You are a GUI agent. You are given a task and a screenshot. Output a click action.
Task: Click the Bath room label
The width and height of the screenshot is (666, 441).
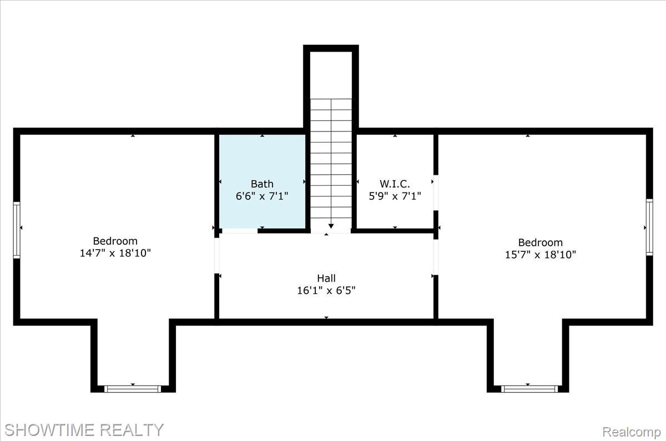(x=262, y=184)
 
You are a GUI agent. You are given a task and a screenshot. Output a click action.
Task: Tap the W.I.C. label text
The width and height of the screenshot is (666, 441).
(x=395, y=184)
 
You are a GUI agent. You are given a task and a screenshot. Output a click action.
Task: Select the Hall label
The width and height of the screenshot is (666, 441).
(x=326, y=278)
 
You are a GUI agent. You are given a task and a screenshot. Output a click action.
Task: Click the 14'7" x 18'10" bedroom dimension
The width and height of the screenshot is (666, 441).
(x=115, y=253)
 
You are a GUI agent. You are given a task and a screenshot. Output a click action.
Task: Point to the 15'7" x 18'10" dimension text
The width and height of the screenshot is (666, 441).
(x=540, y=255)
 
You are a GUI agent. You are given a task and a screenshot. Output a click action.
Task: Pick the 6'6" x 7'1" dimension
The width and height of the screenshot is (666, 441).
(x=262, y=196)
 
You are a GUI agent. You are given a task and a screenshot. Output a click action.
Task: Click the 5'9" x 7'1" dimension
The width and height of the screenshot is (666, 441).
(x=395, y=196)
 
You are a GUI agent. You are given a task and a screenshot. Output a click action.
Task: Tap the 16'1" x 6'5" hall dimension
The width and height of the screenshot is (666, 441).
(x=326, y=290)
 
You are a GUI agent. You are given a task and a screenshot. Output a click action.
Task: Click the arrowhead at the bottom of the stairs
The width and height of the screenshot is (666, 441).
(x=331, y=226)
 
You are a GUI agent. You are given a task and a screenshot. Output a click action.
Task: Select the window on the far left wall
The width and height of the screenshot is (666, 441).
(x=17, y=230)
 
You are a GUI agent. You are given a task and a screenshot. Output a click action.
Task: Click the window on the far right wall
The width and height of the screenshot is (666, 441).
(x=650, y=227)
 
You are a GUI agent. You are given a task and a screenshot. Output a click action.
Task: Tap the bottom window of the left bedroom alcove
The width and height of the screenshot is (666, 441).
(x=133, y=389)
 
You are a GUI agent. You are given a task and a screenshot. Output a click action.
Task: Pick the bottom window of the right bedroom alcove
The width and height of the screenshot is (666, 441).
(x=529, y=389)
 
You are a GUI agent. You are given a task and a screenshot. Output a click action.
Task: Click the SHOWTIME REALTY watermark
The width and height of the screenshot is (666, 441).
(x=84, y=430)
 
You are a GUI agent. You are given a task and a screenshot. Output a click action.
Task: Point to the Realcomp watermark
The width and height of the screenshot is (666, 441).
(x=632, y=432)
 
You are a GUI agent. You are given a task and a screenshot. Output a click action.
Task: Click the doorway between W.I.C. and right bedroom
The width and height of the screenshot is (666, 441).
(x=436, y=192)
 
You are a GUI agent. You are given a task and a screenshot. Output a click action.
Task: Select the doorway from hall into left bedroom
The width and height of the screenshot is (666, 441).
(x=217, y=256)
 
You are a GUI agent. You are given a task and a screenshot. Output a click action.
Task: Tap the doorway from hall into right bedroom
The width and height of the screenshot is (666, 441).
(x=436, y=257)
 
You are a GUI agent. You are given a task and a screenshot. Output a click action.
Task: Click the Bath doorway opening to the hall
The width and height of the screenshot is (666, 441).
(x=240, y=231)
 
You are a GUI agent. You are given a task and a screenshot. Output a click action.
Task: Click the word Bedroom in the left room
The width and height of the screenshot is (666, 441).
(x=115, y=241)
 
